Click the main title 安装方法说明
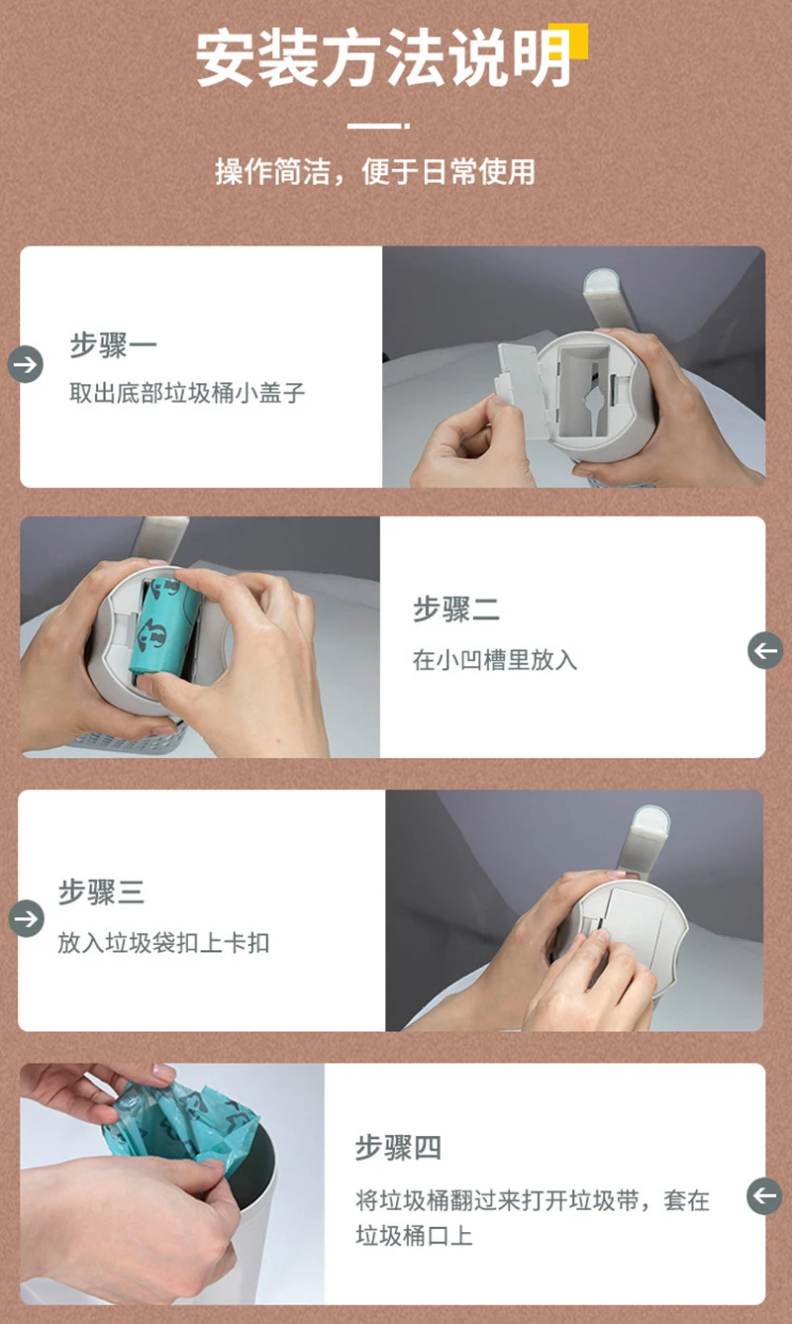pyautogui.click(x=383, y=59)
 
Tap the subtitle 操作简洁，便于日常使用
pyautogui.click(x=375, y=172)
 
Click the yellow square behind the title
pyautogui.click(x=568, y=42)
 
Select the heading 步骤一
pyautogui.click(x=114, y=345)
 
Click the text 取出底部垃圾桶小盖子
pyautogui.click(x=187, y=393)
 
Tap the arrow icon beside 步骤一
pyautogui.click(x=26, y=364)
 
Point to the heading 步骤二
pyautogui.click(x=456, y=610)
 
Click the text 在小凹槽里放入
pyautogui.click(x=494, y=660)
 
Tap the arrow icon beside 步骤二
pyautogui.click(x=765, y=651)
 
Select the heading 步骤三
pyautogui.click(x=101, y=893)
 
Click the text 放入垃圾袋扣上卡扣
pyautogui.click(x=163, y=943)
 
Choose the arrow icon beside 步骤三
pyautogui.click(x=27, y=918)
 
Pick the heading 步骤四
pyautogui.click(x=398, y=1149)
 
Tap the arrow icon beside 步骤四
pyautogui.click(x=765, y=1196)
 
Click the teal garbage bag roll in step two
pyautogui.click(x=166, y=628)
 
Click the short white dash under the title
pyautogui.click(x=378, y=126)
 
